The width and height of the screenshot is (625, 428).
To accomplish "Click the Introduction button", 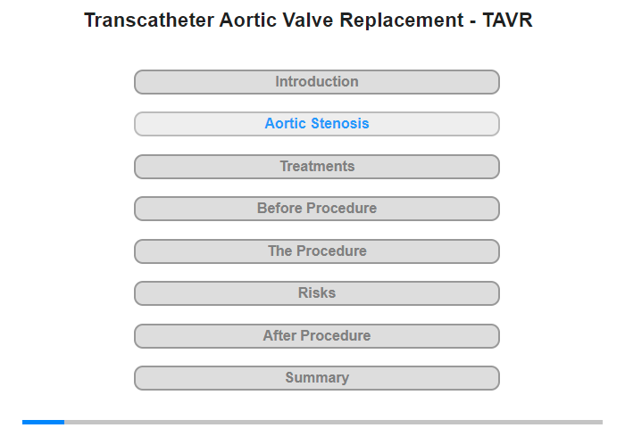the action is point(317,82).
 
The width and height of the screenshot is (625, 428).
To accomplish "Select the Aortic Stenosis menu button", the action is point(317,124).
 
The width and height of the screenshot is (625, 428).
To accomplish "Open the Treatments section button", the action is point(317,167).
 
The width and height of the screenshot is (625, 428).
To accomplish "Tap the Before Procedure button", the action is point(317,209).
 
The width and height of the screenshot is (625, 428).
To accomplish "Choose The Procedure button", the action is point(317,251).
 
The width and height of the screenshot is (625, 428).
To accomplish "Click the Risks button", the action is point(317,293).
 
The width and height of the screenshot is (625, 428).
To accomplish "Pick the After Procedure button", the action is point(317,336).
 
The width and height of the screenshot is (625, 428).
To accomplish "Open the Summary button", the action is point(317,378).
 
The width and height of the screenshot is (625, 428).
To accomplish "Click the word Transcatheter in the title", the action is point(149,21).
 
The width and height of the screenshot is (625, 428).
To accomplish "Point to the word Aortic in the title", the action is point(248,21).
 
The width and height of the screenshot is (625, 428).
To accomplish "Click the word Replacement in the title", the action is point(402,21).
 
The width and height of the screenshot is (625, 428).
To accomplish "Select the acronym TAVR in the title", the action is point(507,21).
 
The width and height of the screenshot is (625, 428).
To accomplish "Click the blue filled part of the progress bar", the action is point(44,422).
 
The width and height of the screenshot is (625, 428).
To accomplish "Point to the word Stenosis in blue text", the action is point(340,123).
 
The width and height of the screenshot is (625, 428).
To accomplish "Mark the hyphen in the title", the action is point(473,22).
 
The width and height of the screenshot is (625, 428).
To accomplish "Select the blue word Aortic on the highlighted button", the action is point(286,123).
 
